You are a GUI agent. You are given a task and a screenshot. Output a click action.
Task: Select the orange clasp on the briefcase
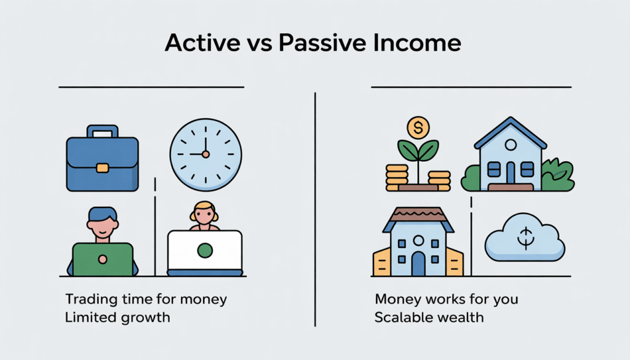pyautogui.click(x=102, y=167)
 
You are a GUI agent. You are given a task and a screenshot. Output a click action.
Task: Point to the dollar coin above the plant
pyautogui.click(x=418, y=128)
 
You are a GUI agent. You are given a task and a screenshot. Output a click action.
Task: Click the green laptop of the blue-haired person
pyautogui.click(x=103, y=259)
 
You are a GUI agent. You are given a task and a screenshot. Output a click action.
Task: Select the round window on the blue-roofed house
pyautogui.click(x=509, y=145)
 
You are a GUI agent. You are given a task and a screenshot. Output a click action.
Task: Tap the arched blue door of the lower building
pyautogui.click(x=418, y=263)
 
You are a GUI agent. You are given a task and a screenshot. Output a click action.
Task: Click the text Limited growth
pyautogui.click(x=117, y=318)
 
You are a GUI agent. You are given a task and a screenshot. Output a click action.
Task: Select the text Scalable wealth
pyautogui.click(x=429, y=318)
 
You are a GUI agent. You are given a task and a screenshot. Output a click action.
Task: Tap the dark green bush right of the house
pyautogui.click(x=558, y=175)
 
